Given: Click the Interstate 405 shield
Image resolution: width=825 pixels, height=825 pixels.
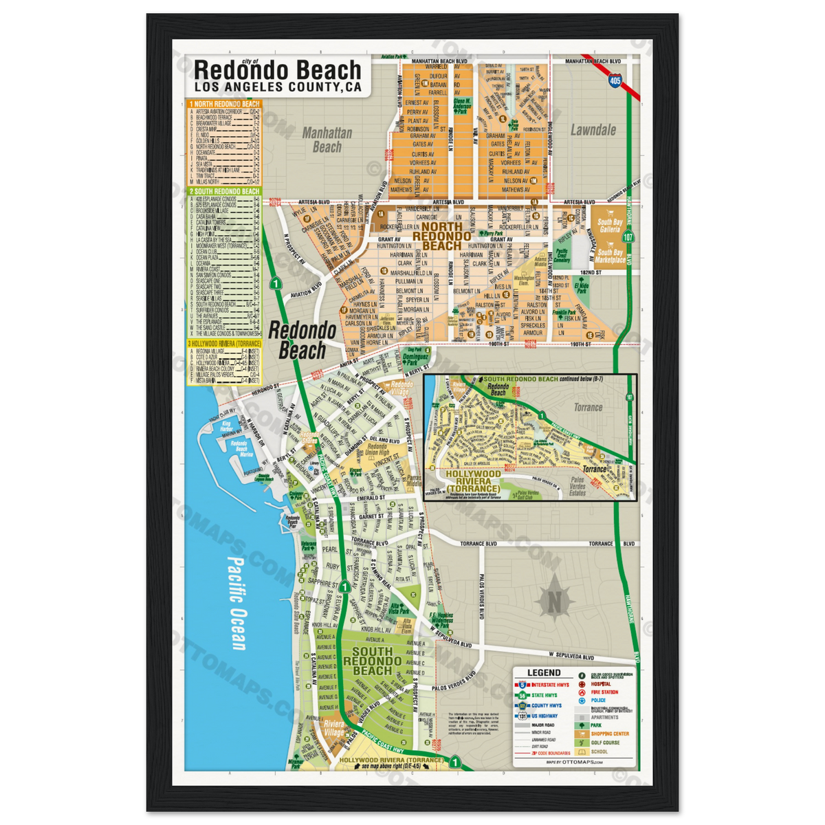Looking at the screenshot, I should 614,80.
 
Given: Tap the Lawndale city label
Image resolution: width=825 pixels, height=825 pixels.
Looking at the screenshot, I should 593,130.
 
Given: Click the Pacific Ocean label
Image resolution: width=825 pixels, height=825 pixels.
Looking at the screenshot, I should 236,602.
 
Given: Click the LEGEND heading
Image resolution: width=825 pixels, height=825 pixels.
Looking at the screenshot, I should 543,673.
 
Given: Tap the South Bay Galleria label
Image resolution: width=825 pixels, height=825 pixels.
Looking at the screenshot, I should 609,226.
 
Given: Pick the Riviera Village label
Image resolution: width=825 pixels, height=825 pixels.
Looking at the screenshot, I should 334,728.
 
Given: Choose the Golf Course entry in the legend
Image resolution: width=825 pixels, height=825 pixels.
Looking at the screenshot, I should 605,742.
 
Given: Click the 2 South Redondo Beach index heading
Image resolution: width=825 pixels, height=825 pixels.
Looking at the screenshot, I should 224,191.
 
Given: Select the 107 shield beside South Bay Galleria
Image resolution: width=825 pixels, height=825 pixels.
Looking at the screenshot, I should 628,236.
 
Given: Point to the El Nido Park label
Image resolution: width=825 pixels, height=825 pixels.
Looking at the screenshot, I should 582,287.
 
